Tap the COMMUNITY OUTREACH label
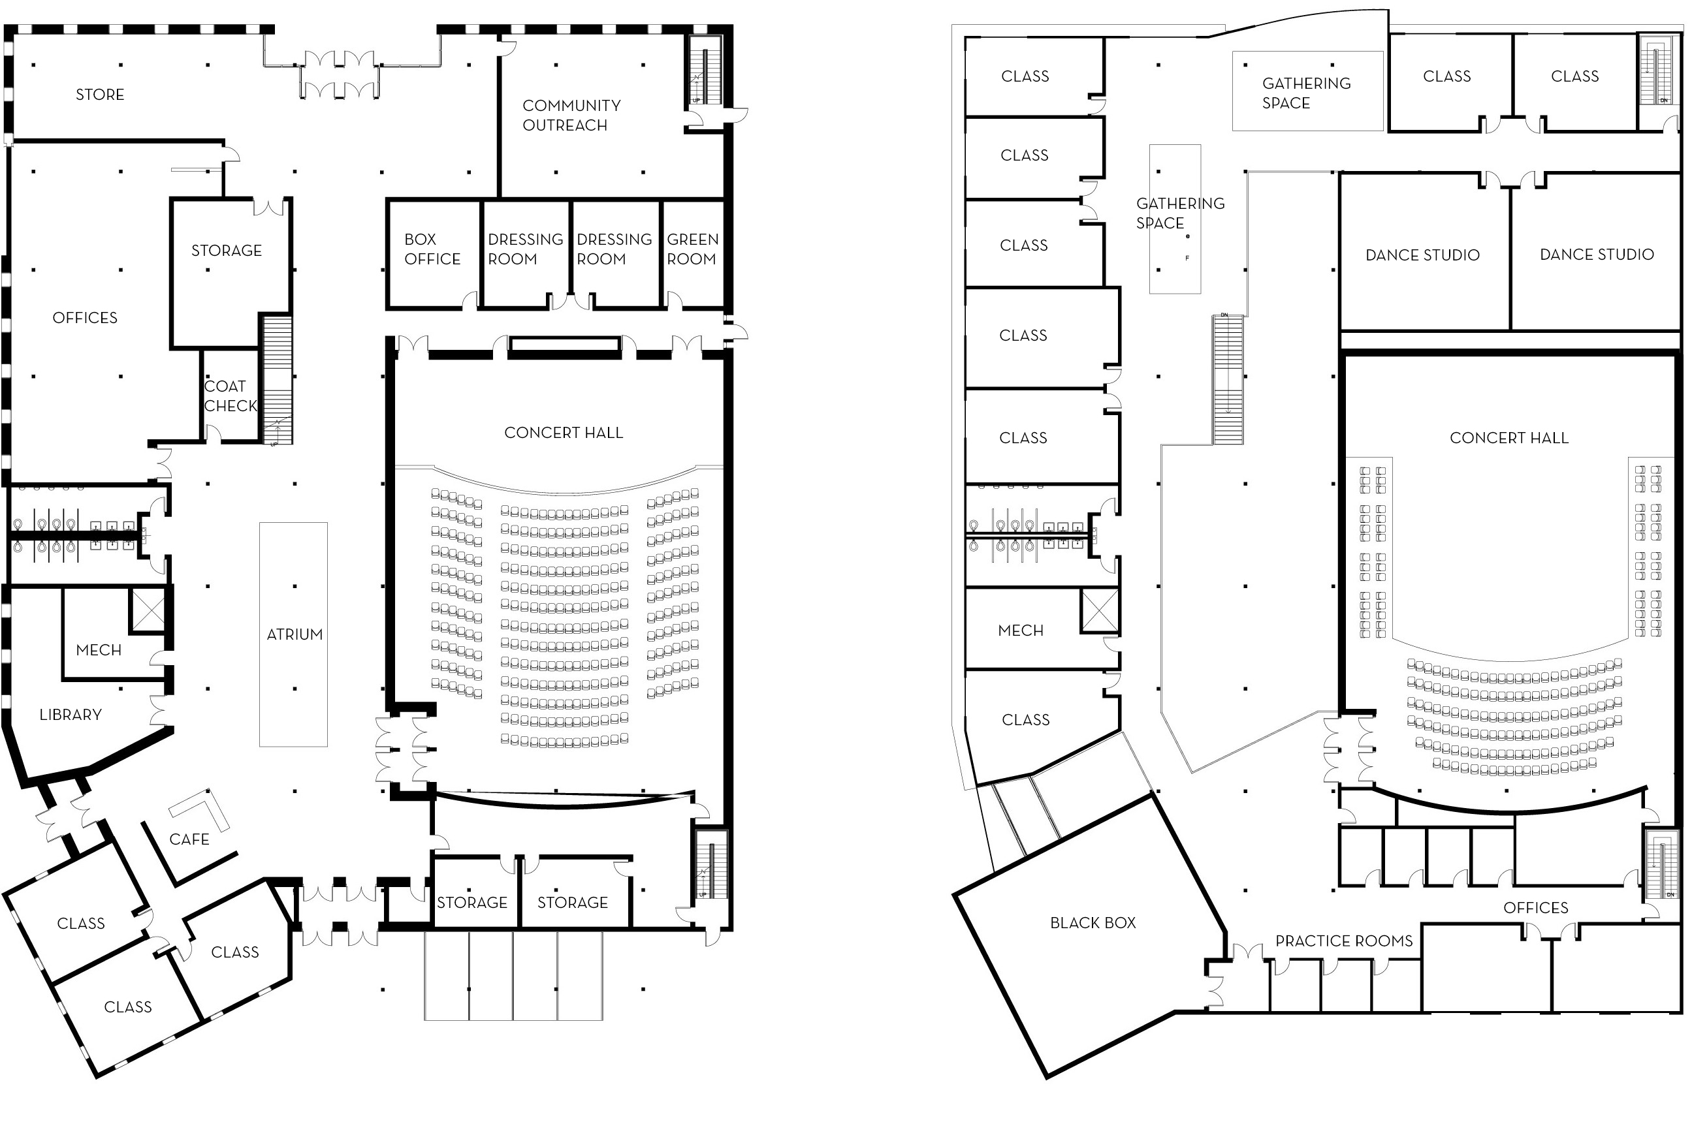[x=571, y=116]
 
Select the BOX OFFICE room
[x=432, y=249]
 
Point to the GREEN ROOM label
[x=692, y=249]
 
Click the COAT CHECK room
[x=230, y=396]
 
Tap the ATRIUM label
[x=295, y=634]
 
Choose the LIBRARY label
[x=71, y=715]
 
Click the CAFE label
[x=189, y=839]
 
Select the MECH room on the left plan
[x=99, y=650]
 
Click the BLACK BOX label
[x=1093, y=922]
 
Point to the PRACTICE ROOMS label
[x=1344, y=941]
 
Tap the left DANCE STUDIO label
[x=1422, y=255]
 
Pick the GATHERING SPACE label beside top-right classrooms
[x=1306, y=93]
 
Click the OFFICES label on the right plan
[x=1535, y=907]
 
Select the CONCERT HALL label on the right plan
[x=1509, y=438]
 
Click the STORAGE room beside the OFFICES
[x=226, y=251]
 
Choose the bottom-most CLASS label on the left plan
[x=128, y=1006]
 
